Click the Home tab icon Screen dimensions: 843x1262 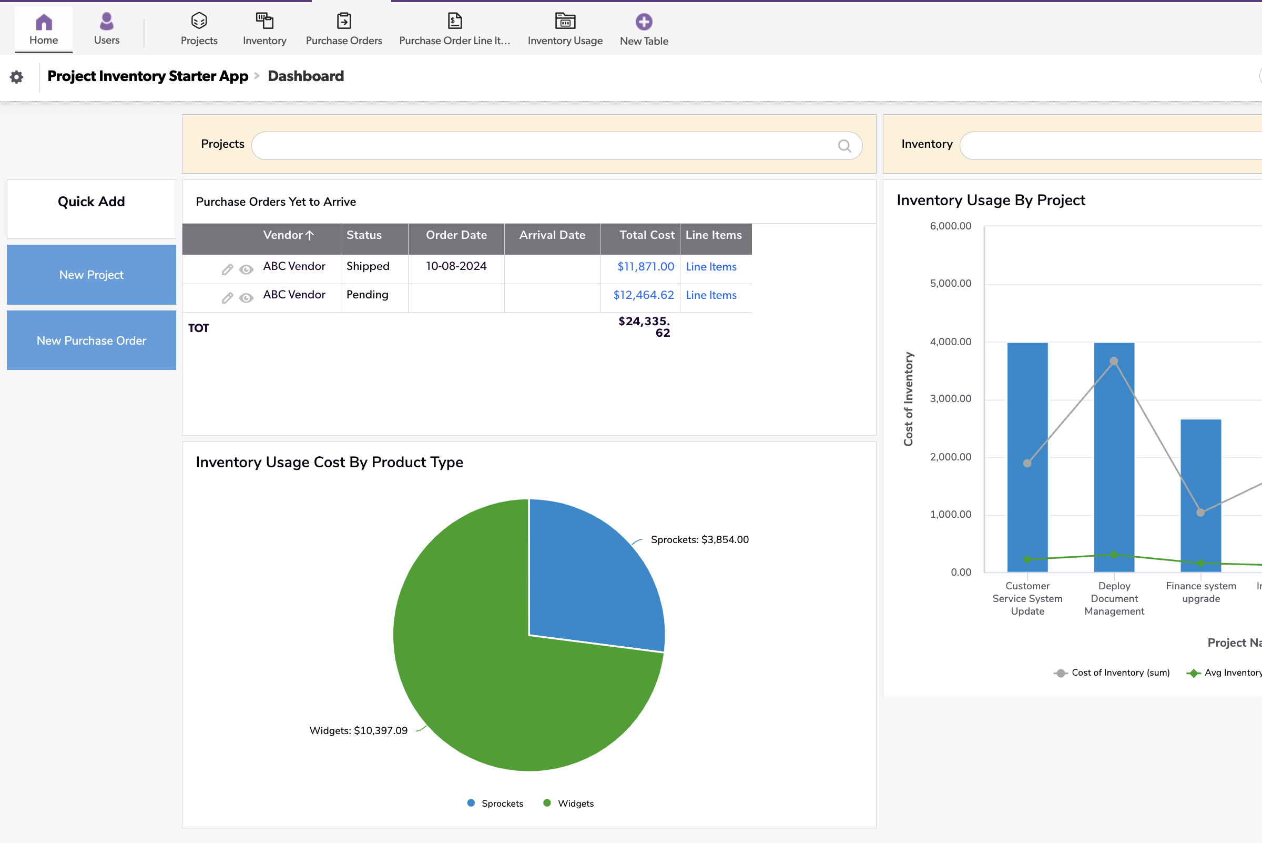coord(44,23)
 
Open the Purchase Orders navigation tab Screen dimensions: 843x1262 coord(344,29)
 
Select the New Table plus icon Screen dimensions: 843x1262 coord(644,22)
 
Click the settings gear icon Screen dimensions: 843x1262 coord(17,77)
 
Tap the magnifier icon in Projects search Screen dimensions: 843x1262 coord(844,146)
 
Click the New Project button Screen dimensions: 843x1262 coord(91,275)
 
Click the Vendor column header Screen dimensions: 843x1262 coord(283,235)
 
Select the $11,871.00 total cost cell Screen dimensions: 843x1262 coord(645,267)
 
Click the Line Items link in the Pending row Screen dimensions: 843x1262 coord(711,295)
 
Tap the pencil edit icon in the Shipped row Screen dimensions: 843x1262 coord(227,269)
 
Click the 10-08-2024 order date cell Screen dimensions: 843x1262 coord(456,266)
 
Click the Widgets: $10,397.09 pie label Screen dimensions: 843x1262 coord(358,730)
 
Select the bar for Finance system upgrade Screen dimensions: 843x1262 coord(1200,495)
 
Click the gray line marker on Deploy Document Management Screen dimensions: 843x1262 coord(1114,362)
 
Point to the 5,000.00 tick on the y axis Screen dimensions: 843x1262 coord(950,283)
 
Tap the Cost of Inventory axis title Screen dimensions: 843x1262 coord(908,399)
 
